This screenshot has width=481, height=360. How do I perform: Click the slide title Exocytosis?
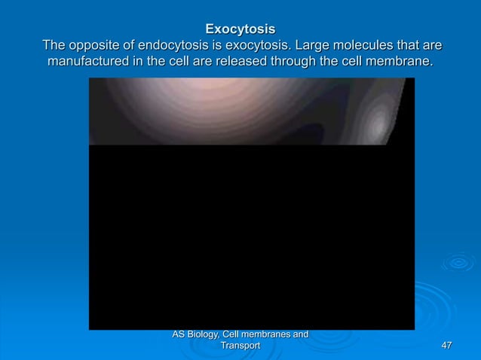(x=240, y=30)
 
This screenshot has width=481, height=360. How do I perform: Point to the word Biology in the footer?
(x=207, y=334)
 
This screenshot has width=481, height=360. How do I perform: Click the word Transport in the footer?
(x=240, y=345)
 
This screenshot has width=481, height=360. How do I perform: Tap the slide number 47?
(x=446, y=345)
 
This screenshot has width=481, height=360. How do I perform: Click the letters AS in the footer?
(x=179, y=334)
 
